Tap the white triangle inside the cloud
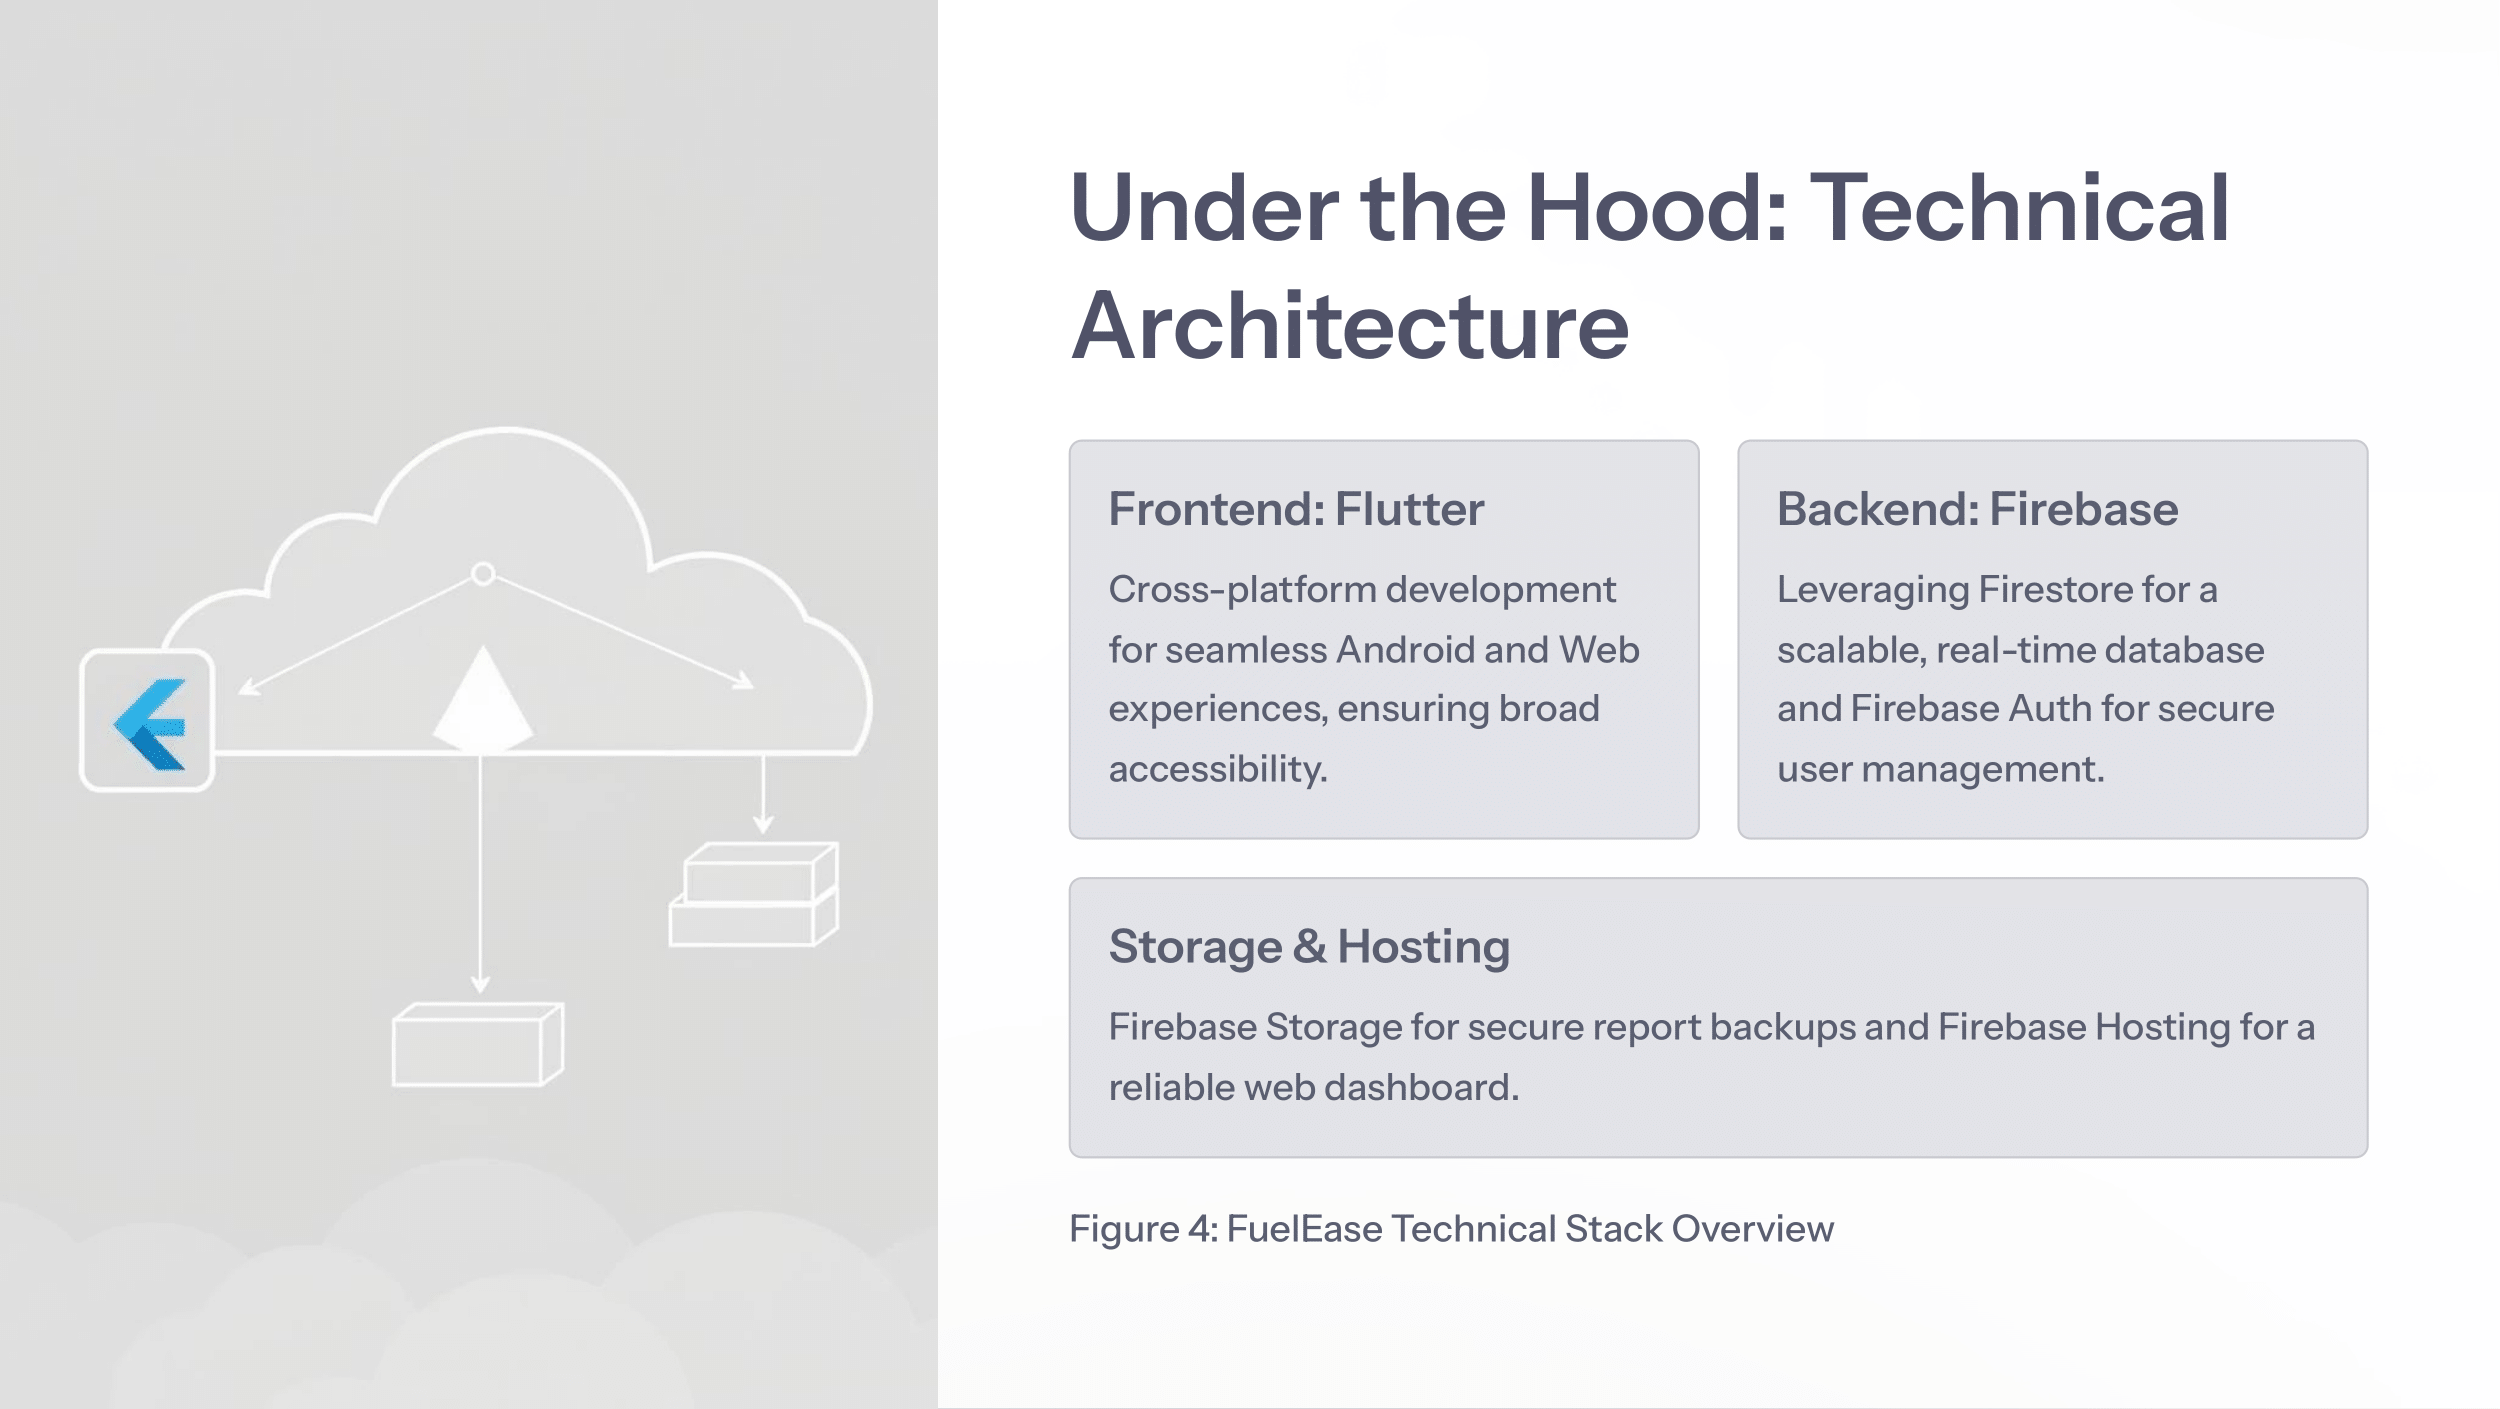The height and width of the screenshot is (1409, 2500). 483,701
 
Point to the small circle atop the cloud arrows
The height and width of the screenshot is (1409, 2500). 483,574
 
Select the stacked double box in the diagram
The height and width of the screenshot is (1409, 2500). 753,895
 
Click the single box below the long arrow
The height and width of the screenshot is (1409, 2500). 478,1044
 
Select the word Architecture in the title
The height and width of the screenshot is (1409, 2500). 1350,326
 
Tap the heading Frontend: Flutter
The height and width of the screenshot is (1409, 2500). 1296,509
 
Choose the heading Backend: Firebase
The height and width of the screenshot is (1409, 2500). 1977,509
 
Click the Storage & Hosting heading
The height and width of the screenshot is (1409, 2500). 1309,946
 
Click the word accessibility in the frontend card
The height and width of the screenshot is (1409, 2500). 1217,769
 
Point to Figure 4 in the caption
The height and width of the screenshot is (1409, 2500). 1143,1229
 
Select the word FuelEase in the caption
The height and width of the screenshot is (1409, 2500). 1304,1229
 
